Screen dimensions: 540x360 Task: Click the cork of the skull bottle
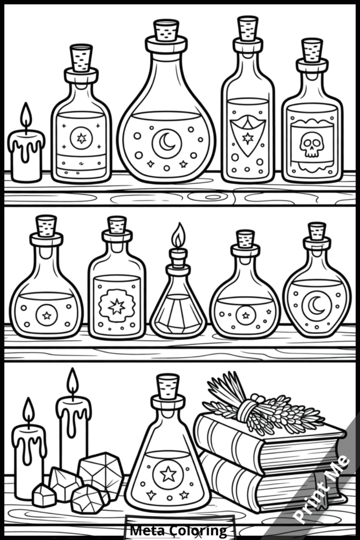312,50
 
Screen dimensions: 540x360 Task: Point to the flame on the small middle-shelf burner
179,236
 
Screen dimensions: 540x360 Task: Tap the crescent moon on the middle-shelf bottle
317,305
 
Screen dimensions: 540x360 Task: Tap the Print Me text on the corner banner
323,489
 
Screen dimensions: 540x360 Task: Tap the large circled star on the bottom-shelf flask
168,474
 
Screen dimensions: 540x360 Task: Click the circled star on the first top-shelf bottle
81,138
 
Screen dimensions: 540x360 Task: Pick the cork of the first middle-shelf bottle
46,226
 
